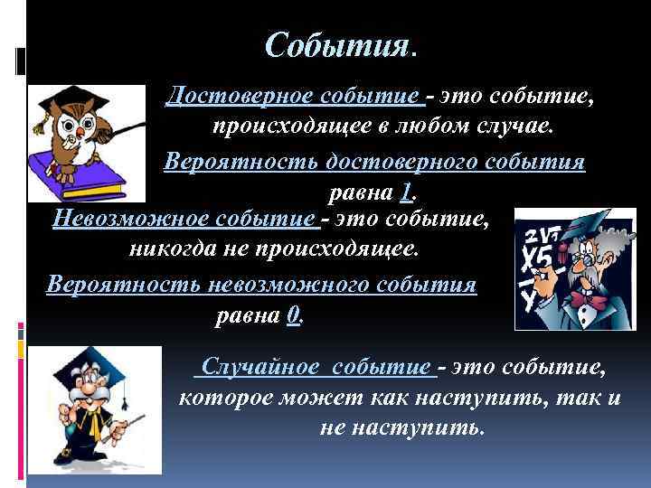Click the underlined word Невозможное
(131, 219)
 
